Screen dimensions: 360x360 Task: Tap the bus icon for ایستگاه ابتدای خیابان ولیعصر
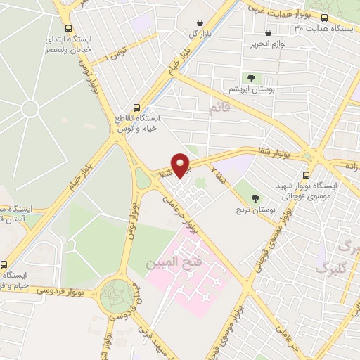point(68,29)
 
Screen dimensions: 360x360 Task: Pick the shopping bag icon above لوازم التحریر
point(269,32)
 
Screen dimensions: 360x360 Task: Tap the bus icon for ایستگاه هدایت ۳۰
point(324,18)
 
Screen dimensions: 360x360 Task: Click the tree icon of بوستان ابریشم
point(251,78)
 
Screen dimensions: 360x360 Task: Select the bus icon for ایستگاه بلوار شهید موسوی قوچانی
point(306,175)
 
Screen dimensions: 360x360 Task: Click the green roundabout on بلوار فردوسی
point(117,296)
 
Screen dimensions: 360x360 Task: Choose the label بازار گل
point(199,34)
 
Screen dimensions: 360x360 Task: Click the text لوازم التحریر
point(271,44)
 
